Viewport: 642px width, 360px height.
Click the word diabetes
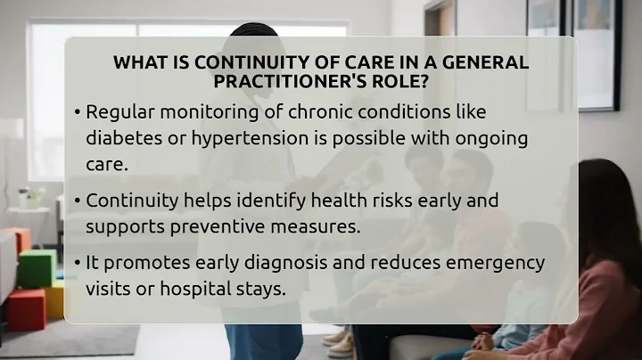click(120, 139)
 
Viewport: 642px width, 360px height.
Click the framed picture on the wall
click(588, 53)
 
